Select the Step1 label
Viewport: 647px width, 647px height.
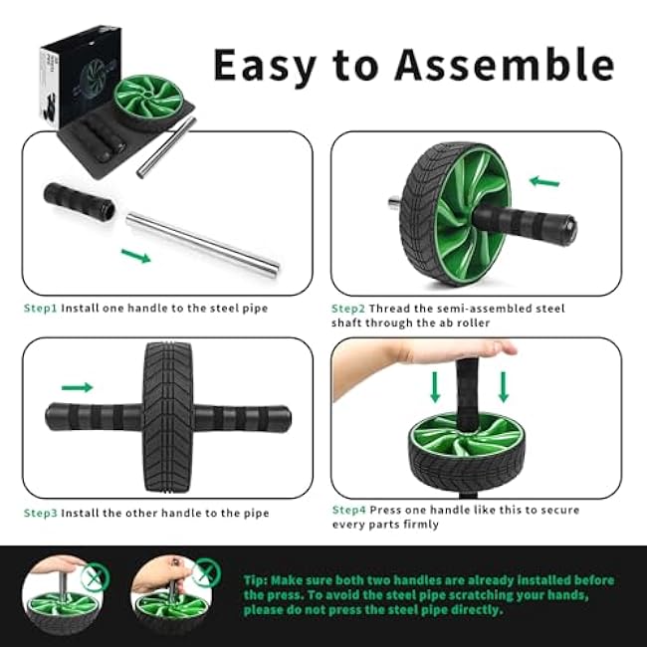[x=41, y=309]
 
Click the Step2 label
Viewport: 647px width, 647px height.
[x=348, y=309]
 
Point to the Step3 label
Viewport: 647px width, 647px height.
[x=41, y=514]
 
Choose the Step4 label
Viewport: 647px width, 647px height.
[x=348, y=510]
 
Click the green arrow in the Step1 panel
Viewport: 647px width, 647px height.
[x=135, y=257]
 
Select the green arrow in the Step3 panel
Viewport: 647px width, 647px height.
[x=77, y=387]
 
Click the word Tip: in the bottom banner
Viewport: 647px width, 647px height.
[x=255, y=580]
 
